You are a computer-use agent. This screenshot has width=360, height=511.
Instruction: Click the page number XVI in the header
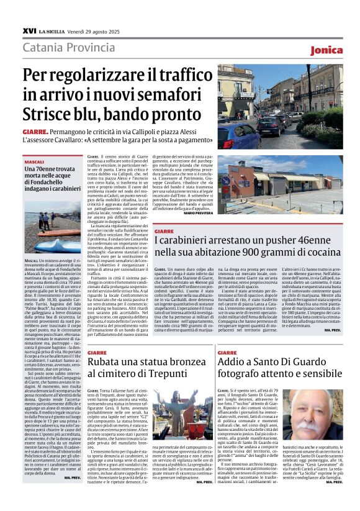pos(29,30)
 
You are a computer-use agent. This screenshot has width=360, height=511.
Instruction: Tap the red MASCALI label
pos(34,161)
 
